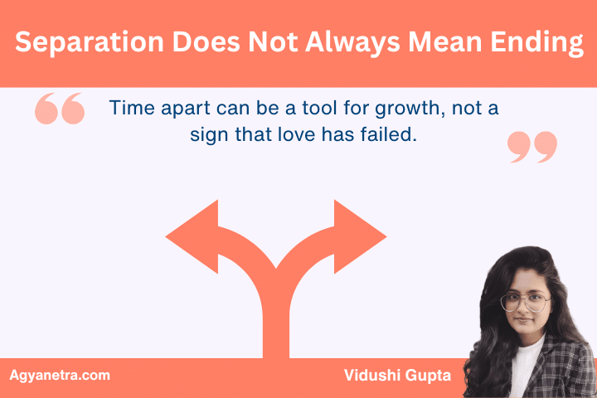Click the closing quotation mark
(531, 146)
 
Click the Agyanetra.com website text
(59, 376)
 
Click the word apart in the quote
(181, 109)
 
